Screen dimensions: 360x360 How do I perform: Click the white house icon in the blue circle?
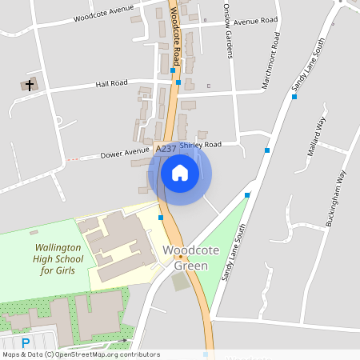[x=180, y=173]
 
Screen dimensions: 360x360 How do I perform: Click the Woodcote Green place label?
[x=185, y=258]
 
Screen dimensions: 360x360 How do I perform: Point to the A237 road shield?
[x=166, y=149]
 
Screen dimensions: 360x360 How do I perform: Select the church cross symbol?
[x=30, y=84]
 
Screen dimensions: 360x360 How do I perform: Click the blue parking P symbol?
[x=26, y=342]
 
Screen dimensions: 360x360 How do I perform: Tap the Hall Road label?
[x=111, y=83]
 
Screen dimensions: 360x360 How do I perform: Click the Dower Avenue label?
[x=125, y=150]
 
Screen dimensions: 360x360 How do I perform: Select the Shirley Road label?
[x=200, y=146]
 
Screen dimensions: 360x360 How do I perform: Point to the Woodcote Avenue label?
[x=104, y=15]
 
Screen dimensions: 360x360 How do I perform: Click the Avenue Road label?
[x=254, y=20]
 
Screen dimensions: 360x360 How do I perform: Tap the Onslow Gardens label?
[x=228, y=37]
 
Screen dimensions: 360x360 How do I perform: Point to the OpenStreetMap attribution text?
[x=80, y=354]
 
